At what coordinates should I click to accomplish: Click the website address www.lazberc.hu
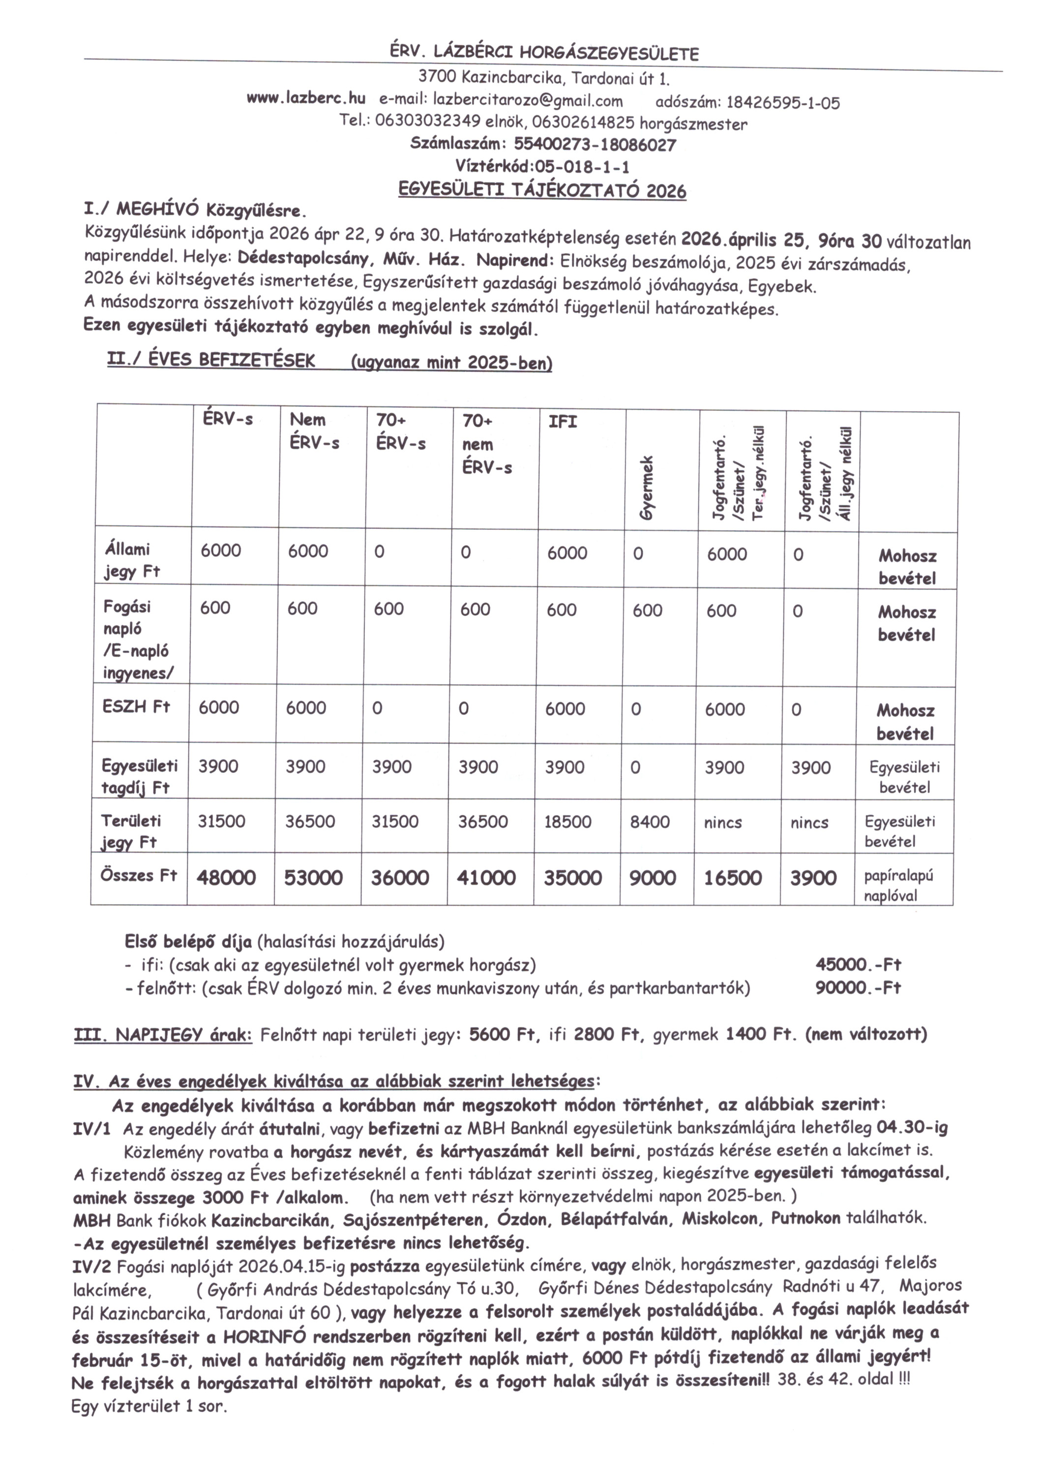[x=306, y=98]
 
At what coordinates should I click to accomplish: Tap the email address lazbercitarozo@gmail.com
[x=528, y=100]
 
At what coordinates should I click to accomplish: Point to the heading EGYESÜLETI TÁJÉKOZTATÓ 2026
[x=542, y=191]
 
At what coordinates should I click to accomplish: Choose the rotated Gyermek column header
[x=648, y=488]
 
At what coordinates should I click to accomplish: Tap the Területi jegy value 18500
[x=567, y=822]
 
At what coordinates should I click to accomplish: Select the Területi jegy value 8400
[x=650, y=822]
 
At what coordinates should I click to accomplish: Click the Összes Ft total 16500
[x=733, y=878]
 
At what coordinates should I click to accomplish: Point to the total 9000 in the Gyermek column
[x=652, y=878]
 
